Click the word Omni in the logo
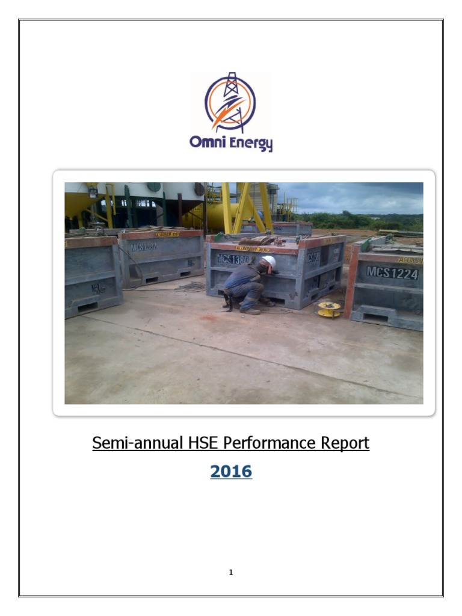click(x=207, y=142)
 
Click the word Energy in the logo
click(x=249, y=143)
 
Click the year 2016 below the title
click(x=231, y=472)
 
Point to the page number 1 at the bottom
click(x=231, y=572)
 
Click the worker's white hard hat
click(x=269, y=262)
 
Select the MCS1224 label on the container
click(x=392, y=273)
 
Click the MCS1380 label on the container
click(x=232, y=259)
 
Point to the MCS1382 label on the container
click(x=144, y=247)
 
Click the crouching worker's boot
click(x=251, y=310)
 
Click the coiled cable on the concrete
click(x=192, y=286)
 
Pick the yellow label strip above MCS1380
click(x=253, y=248)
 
